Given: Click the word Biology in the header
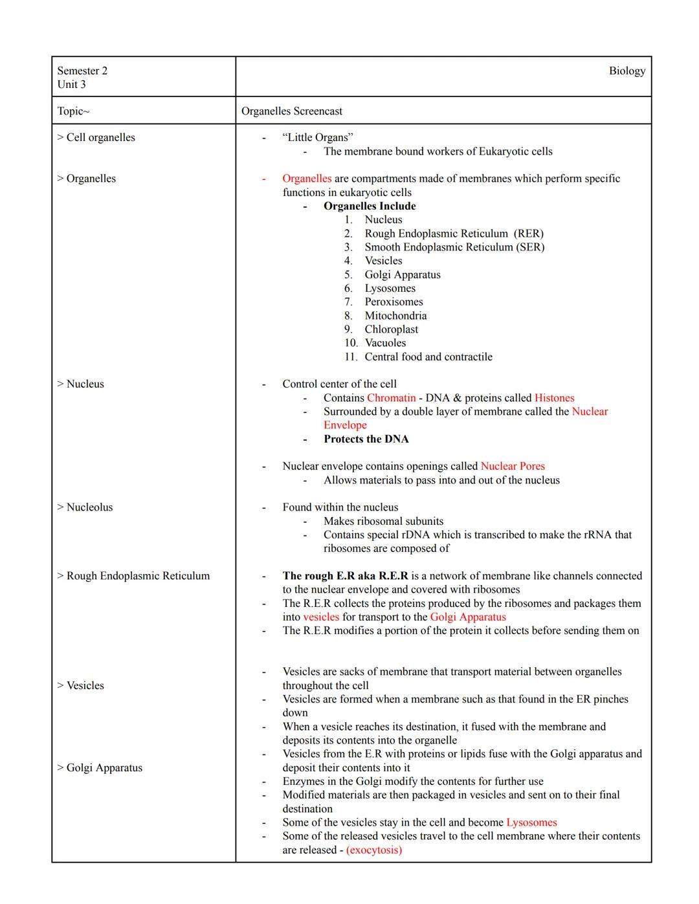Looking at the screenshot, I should pyautogui.click(x=627, y=71).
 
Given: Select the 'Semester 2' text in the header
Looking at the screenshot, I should pyautogui.click(x=82, y=71).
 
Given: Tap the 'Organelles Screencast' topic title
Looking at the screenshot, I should pyautogui.click(x=292, y=111).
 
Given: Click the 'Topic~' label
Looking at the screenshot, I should pyautogui.click(x=73, y=111).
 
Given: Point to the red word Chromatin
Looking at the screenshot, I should pyautogui.click(x=391, y=398).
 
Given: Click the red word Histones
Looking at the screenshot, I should pyautogui.click(x=554, y=398).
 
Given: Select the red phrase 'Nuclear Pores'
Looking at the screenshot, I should pyautogui.click(x=513, y=467).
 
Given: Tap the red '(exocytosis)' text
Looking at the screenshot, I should pyautogui.click(x=374, y=850).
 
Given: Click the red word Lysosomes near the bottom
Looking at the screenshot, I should pyautogui.click(x=531, y=822).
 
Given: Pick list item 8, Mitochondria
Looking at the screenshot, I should pyautogui.click(x=395, y=316).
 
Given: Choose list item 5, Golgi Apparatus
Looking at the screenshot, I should pyautogui.click(x=402, y=275).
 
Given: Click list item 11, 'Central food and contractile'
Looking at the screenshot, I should pyautogui.click(x=428, y=357).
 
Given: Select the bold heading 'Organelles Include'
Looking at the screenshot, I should pyautogui.click(x=370, y=206).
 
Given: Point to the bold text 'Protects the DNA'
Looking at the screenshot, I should pyautogui.click(x=366, y=439).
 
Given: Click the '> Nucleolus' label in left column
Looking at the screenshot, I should pyautogui.click(x=85, y=507).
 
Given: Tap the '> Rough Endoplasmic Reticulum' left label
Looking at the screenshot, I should pyautogui.click(x=133, y=576).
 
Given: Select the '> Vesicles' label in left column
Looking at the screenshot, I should pyautogui.click(x=80, y=686).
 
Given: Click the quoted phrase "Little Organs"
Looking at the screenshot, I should pyautogui.click(x=318, y=137).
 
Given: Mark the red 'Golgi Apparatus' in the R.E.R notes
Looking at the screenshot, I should pyautogui.click(x=468, y=617).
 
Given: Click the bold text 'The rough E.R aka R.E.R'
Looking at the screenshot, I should pyautogui.click(x=345, y=576).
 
